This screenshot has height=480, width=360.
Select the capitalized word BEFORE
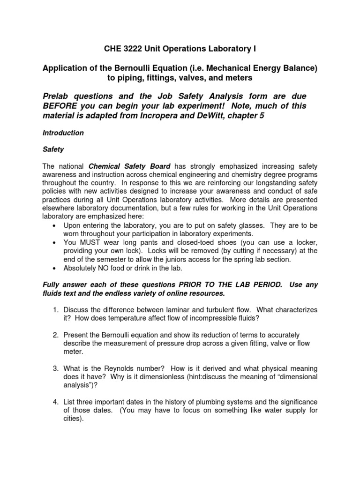click(61, 106)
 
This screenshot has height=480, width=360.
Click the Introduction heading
click(63, 133)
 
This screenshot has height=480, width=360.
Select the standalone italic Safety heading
click(53, 150)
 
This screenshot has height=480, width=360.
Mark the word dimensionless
click(130, 377)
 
